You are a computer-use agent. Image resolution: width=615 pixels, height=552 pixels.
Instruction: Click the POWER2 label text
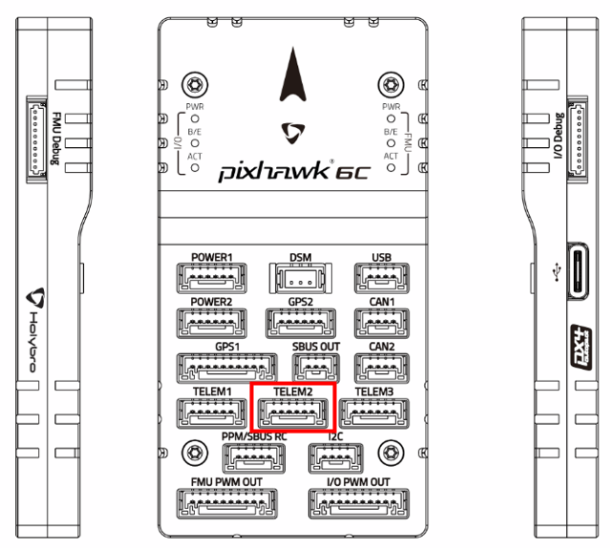pyautogui.click(x=211, y=303)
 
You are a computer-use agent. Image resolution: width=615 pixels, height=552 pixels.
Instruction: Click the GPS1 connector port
pyautogui.click(x=223, y=368)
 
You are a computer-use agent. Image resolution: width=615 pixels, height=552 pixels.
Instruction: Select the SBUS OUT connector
pyautogui.click(x=315, y=368)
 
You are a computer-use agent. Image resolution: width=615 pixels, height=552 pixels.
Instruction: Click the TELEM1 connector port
pyautogui.click(x=209, y=412)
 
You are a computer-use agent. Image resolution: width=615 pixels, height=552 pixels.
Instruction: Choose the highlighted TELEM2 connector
pyautogui.click(x=293, y=413)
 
